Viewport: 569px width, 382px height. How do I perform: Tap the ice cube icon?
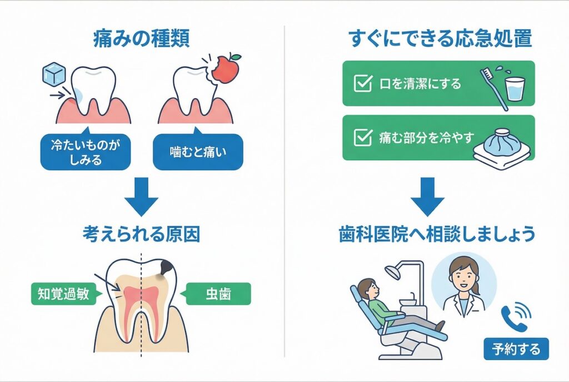coord(54,75)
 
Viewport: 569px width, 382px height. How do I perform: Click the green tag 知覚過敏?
coord(61,293)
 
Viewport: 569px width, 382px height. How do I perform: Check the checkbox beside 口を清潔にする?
coord(363,84)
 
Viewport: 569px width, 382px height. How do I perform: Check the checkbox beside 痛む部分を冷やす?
coord(363,137)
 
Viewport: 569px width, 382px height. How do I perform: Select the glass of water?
coord(515,88)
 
